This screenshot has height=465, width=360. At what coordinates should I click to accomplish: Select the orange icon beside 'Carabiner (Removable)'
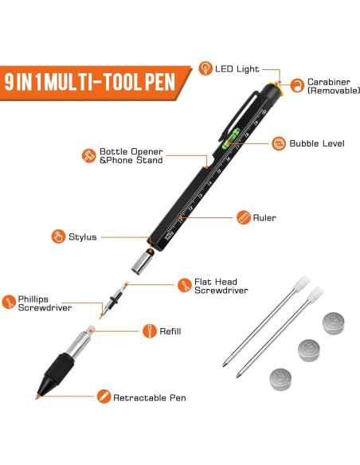click(296, 84)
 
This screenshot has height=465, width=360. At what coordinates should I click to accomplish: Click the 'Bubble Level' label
click(316, 143)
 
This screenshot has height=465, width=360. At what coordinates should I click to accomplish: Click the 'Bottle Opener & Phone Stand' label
click(131, 155)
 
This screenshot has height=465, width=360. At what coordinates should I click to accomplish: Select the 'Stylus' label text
click(82, 236)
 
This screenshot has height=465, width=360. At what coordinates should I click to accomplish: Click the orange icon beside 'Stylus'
click(58, 236)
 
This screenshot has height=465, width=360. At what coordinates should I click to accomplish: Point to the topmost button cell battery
click(334, 322)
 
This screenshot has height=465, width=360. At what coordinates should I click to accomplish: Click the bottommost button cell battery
click(280, 377)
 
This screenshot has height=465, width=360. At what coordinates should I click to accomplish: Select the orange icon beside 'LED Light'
click(205, 68)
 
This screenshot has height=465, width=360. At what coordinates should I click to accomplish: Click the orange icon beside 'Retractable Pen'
click(104, 396)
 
